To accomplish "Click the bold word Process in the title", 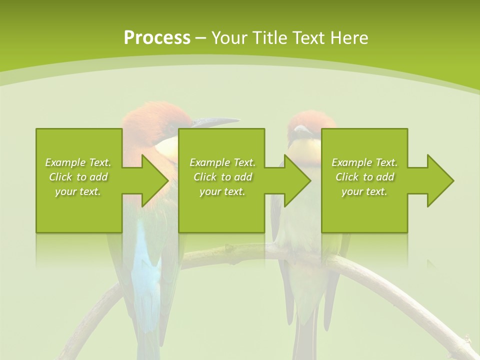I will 157,38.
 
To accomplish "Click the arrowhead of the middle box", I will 297,180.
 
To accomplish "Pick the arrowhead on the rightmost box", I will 440,180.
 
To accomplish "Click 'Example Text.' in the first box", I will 78,162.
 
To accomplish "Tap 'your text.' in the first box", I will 78,191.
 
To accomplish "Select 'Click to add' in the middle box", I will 222,177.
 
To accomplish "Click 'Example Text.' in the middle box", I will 222,162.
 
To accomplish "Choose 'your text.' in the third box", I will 364,191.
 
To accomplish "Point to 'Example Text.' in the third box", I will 364,162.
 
